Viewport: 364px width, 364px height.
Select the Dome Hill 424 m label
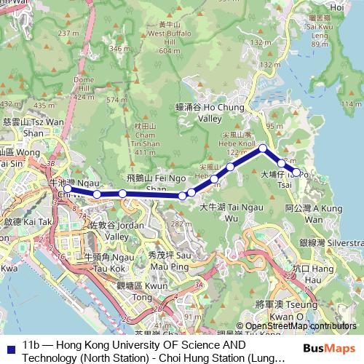coord(85,87)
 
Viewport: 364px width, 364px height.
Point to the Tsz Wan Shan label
coord(24,127)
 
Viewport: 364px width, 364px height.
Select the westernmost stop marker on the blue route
coord(67,189)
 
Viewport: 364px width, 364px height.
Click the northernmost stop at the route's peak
coord(262,149)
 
